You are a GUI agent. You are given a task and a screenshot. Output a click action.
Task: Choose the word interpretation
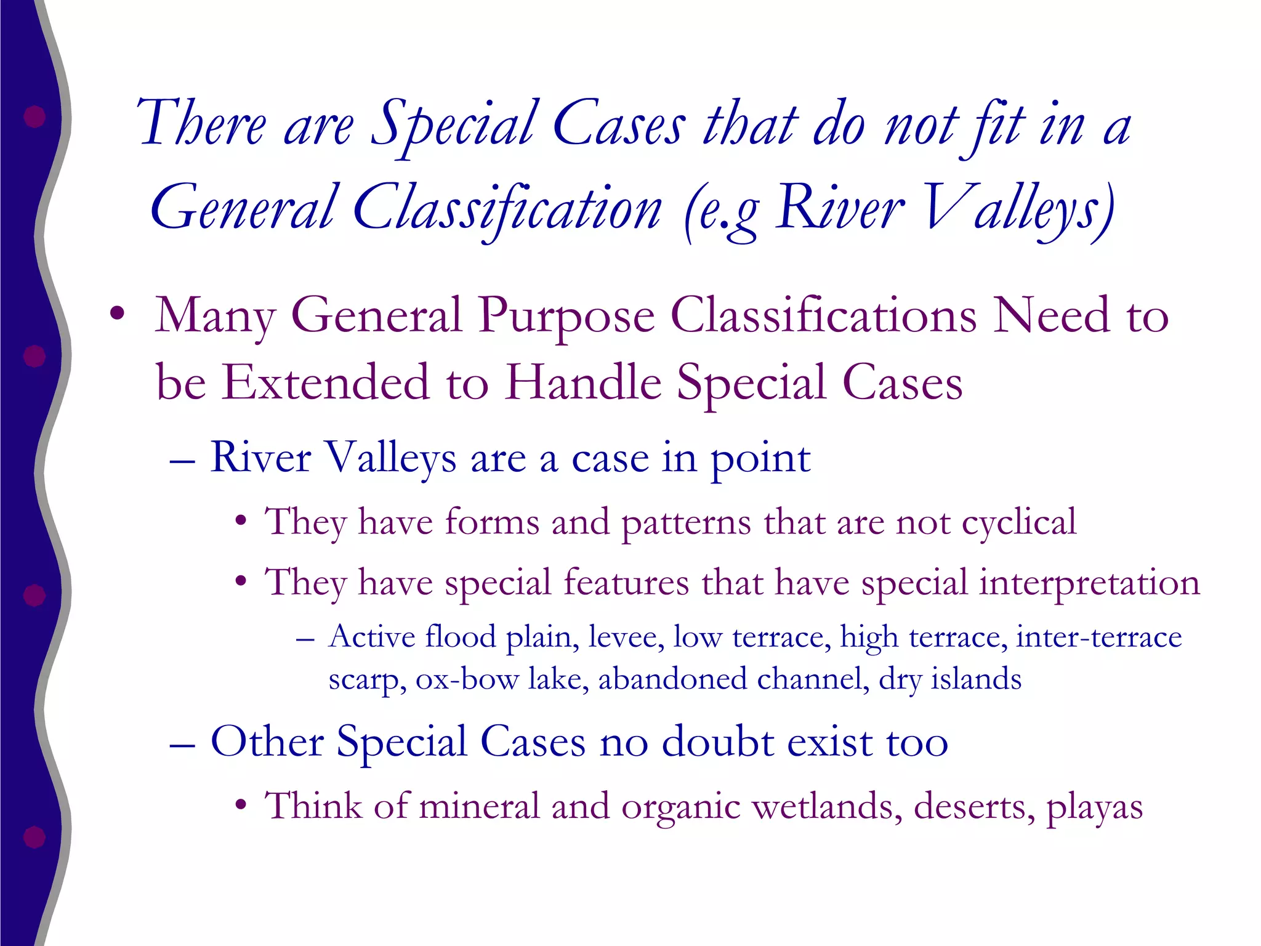(1089, 583)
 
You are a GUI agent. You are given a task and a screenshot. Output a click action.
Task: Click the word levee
(626, 637)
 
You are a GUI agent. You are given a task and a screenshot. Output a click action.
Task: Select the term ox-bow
(467, 679)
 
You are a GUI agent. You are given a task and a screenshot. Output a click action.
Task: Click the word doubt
(718, 742)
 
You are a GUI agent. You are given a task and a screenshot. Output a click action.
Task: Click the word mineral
(479, 806)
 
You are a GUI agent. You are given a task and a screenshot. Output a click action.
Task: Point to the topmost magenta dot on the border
(34, 116)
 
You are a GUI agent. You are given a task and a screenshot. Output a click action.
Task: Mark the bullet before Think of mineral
(241, 806)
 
